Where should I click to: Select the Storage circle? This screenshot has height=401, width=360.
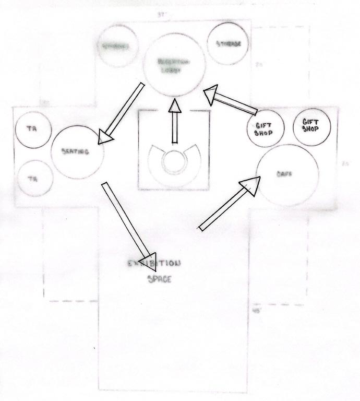pyautogui.click(x=228, y=44)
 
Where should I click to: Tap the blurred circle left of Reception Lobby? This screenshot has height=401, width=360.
pyautogui.click(x=115, y=46)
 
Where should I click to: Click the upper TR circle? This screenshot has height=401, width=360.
pyautogui.click(x=32, y=128)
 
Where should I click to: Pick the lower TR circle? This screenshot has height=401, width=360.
pyautogui.click(x=34, y=178)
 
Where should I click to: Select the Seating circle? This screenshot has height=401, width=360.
pyautogui.click(x=78, y=151)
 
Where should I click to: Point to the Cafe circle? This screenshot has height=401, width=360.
pyautogui.click(x=287, y=174)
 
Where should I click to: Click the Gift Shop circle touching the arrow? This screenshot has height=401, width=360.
pyautogui.click(x=266, y=128)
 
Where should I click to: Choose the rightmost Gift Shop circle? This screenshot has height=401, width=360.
pyautogui.click(x=312, y=125)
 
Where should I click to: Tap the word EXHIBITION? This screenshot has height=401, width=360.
pyautogui.click(x=154, y=264)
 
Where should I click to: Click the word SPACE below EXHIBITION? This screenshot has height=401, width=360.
pyautogui.click(x=159, y=279)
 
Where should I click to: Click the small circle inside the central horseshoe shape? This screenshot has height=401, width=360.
pyautogui.click(x=174, y=160)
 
